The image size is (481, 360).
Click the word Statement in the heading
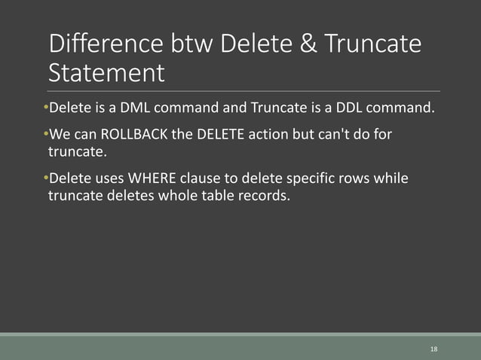click(106, 74)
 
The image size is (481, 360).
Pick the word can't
click(333, 135)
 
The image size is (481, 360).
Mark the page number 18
click(434, 349)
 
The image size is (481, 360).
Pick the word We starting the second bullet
click(60, 135)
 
